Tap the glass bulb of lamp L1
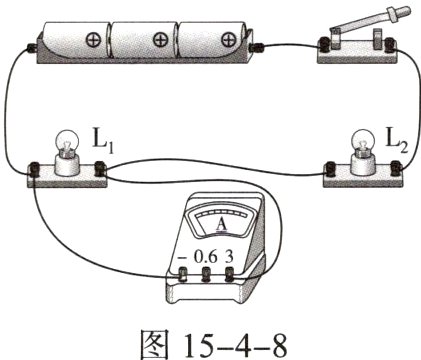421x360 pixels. coord(67,141)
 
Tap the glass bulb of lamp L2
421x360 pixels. coord(364,140)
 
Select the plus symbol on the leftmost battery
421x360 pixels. coord(93,40)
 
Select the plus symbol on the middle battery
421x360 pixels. coord(161,40)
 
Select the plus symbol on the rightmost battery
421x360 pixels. coord(229,40)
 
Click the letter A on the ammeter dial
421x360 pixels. coord(222,224)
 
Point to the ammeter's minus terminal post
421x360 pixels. coord(183,274)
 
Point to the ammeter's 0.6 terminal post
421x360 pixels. coord(206,274)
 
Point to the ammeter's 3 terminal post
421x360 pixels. coord(230,274)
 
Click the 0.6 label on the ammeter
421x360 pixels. coord(206,257)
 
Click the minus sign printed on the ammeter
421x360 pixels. coord(182,257)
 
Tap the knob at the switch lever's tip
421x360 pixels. coord(403,12)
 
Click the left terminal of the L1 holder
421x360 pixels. coord(34,169)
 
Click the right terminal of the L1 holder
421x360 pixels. coord(100,168)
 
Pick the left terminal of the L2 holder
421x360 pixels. coord(330,169)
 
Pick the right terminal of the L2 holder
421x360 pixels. coord(396,168)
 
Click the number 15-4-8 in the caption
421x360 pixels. coord(235,345)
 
